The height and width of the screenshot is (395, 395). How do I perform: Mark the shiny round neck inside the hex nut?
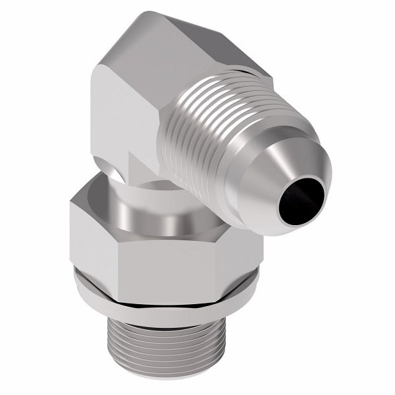tap(151, 211)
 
